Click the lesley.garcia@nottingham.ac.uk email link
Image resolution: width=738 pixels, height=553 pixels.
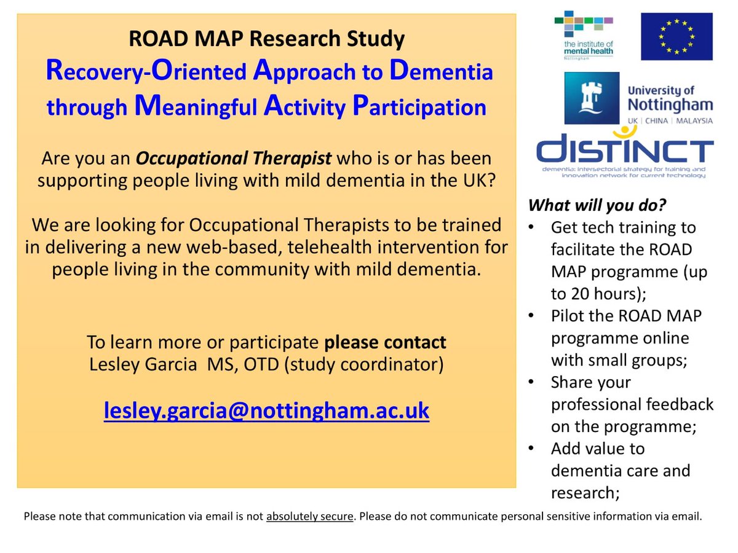266,410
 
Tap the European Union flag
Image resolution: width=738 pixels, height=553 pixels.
676,36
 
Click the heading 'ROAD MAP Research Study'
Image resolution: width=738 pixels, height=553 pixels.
267,39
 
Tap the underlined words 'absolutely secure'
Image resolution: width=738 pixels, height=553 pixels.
310,517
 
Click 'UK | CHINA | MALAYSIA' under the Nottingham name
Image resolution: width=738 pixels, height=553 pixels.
670,120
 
